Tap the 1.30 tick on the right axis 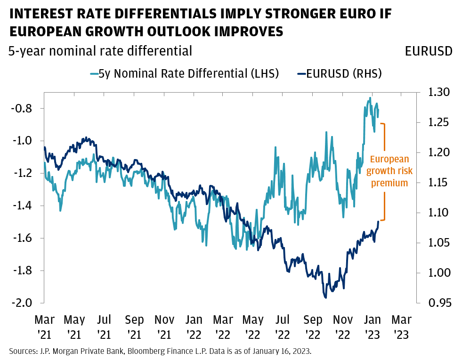point(436,92)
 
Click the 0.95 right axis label point(436,303)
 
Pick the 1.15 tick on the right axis point(436,183)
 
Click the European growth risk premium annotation point(389,171)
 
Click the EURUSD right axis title point(429,51)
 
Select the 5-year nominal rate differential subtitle point(100,51)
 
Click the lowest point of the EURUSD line point(325,297)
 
